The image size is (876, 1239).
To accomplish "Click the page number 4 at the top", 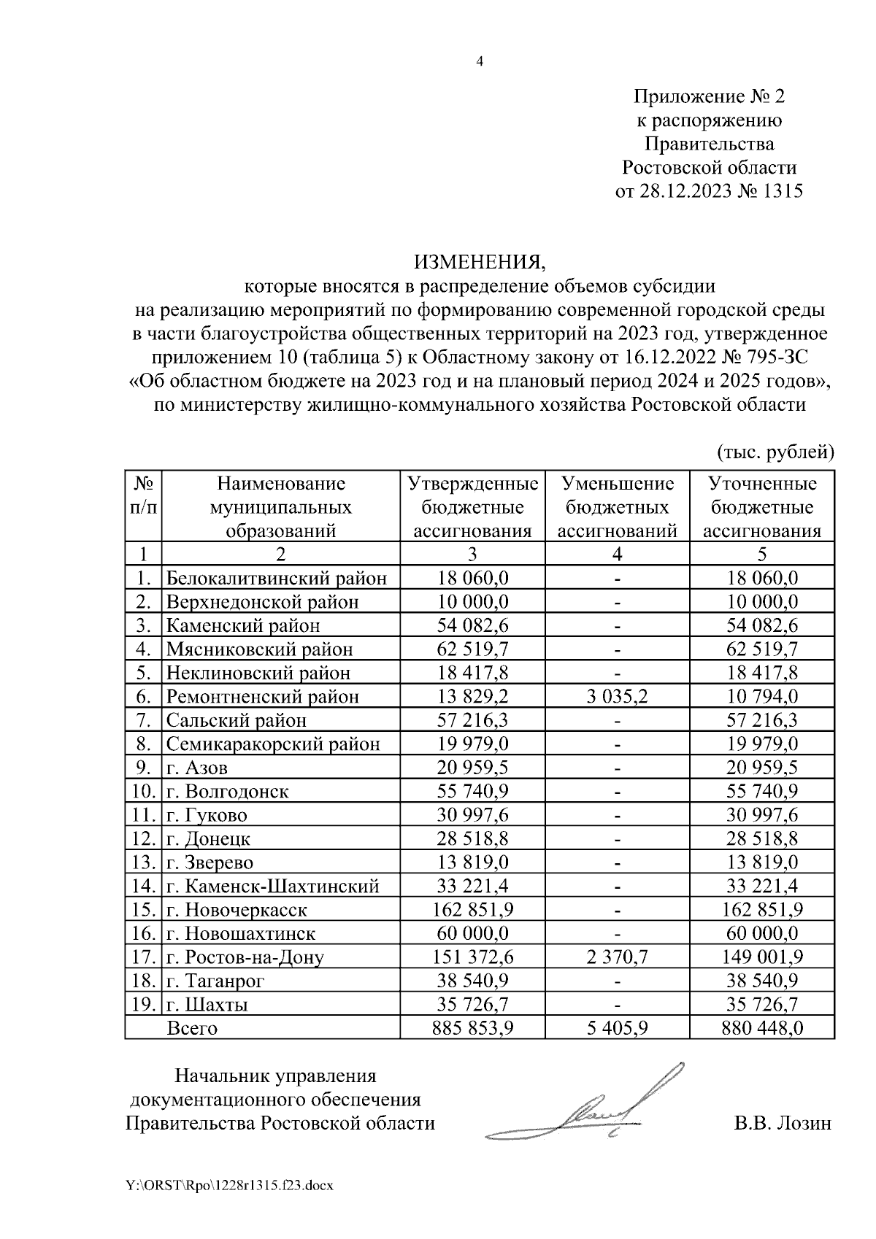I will [480, 62].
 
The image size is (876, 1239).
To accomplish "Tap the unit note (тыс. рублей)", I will [775, 452].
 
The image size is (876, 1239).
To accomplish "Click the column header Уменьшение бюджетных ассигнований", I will [617, 507].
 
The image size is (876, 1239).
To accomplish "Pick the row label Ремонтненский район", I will [263, 697].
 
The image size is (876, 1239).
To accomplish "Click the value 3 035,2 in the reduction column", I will [617, 697].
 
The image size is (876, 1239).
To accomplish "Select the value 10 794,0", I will [762, 697].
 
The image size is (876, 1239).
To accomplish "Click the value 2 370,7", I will [617, 957].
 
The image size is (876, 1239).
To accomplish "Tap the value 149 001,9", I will [762, 957].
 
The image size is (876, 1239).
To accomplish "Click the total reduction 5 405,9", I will [617, 1028].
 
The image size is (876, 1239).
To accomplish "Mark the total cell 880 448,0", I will [762, 1028].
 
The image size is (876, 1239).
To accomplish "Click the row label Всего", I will [192, 1028].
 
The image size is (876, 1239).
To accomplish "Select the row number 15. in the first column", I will [143, 910].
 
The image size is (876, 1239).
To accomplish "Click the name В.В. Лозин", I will [783, 1123].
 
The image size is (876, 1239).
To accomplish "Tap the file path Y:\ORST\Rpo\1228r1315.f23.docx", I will [230, 1186].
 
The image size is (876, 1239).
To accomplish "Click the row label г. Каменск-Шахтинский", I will [273, 887].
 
